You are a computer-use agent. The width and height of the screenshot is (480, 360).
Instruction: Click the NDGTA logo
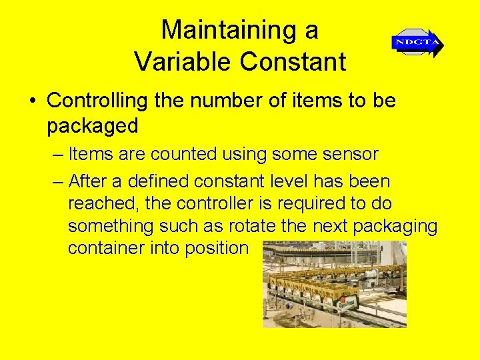click(x=417, y=43)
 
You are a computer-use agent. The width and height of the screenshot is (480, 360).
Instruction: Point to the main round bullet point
click(x=32, y=101)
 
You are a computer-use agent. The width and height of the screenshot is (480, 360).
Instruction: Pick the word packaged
click(x=93, y=125)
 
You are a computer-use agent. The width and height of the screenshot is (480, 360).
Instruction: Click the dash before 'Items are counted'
click(x=56, y=155)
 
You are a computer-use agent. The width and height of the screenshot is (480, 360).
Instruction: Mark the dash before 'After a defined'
click(x=56, y=181)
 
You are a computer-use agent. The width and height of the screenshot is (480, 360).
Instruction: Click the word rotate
click(x=256, y=226)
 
